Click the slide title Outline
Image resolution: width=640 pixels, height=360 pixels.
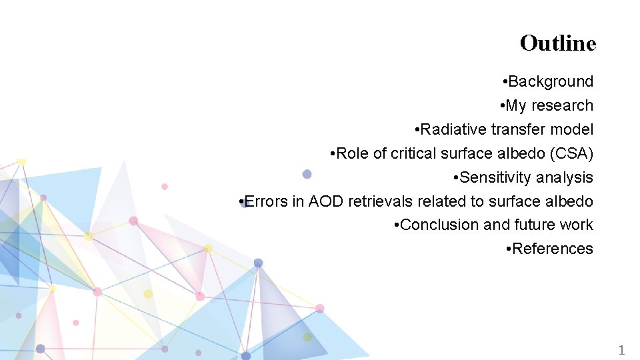click(557, 43)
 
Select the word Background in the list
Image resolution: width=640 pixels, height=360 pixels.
click(551, 82)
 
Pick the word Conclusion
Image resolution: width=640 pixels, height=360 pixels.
click(440, 225)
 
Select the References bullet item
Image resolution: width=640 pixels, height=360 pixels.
click(550, 249)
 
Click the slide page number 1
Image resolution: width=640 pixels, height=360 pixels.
click(621, 350)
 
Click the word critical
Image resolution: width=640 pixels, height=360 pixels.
click(413, 153)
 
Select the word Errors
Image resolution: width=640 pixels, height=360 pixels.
click(267, 201)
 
